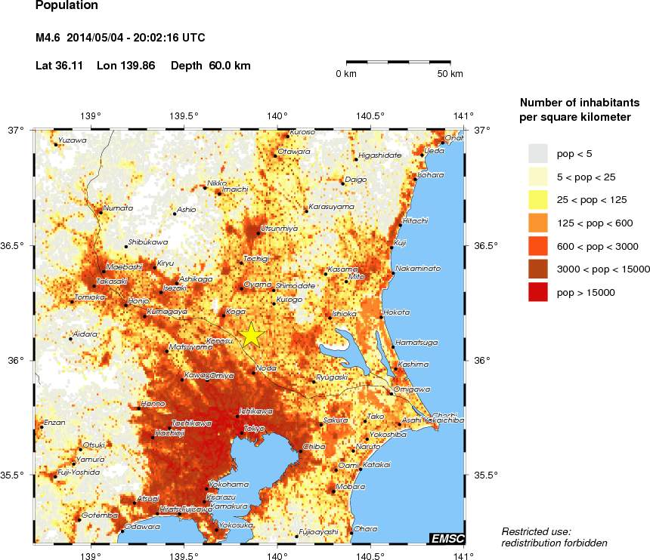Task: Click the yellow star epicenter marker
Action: pyautogui.click(x=252, y=334)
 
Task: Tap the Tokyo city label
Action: pyautogui.click(x=254, y=428)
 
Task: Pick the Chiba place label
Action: pyautogui.click(x=314, y=447)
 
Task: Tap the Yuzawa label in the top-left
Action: pyautogui.click(x=72, y=140)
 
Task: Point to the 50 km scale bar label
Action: pyautogui.click(x=451, y=74)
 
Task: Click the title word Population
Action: pyautogui.click(x=67, y=6)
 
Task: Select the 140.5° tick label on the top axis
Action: pyautogui.click(x=370, y=115)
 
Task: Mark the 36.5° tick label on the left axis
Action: pyautogui.click(x=14, y=245)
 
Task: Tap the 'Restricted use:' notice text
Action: pyautogui.click(x=537, y=531)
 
